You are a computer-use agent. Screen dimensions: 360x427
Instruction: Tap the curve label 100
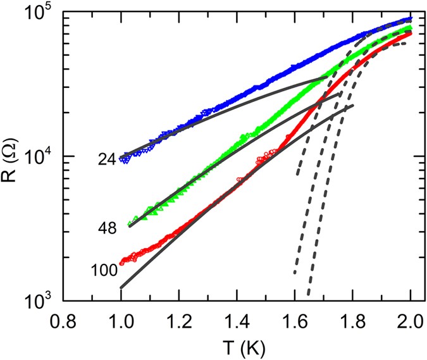point(104,271)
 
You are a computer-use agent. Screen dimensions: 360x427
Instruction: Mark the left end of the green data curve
point(130,223)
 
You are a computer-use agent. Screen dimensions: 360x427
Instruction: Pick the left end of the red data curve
point(121,261)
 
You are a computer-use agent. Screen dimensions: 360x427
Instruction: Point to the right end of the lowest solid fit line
point(352,105)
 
